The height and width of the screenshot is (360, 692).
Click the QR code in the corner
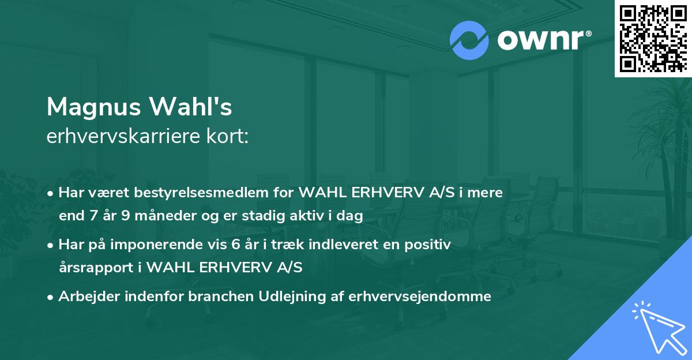[x=653, y=39]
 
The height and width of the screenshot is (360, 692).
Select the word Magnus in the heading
[x=92, y=107]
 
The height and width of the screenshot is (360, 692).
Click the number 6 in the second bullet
[x=235, y=245]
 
